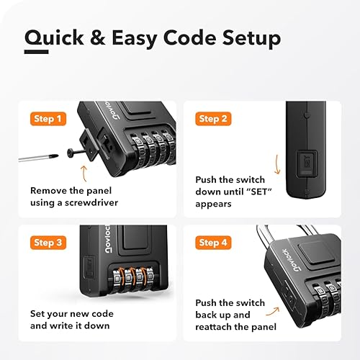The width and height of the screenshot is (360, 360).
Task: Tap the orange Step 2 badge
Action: point(214,118)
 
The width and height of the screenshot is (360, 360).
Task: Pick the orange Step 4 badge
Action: point(214,243)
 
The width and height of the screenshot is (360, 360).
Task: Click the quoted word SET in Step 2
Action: point(290,192)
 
